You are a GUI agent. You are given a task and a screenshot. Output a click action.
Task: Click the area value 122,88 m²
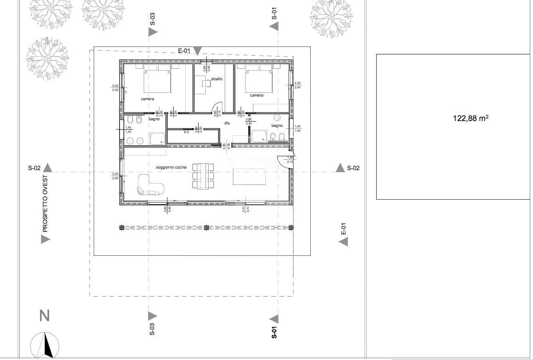470,118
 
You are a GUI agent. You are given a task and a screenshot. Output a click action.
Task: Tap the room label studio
217,79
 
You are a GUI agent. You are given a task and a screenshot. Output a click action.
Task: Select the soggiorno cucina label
171,167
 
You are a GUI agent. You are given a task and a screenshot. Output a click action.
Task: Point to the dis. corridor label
227,123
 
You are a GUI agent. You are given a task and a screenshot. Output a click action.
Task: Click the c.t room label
186,132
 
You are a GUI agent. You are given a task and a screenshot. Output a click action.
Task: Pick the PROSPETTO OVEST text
45,204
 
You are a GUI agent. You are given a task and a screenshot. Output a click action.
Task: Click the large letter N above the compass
44,316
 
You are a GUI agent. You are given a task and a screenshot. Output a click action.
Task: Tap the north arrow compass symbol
45,345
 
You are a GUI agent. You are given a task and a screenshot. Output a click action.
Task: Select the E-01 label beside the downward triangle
184,51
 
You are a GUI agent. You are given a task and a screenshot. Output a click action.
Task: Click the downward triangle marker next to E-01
197,51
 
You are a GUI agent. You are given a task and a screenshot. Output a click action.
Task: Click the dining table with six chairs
203,176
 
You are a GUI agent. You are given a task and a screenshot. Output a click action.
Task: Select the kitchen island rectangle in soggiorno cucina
249,177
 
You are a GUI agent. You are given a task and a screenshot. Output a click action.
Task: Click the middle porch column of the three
206,227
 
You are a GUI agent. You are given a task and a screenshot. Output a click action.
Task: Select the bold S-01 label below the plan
274,332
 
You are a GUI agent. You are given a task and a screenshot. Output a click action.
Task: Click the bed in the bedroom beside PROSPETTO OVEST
157,81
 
